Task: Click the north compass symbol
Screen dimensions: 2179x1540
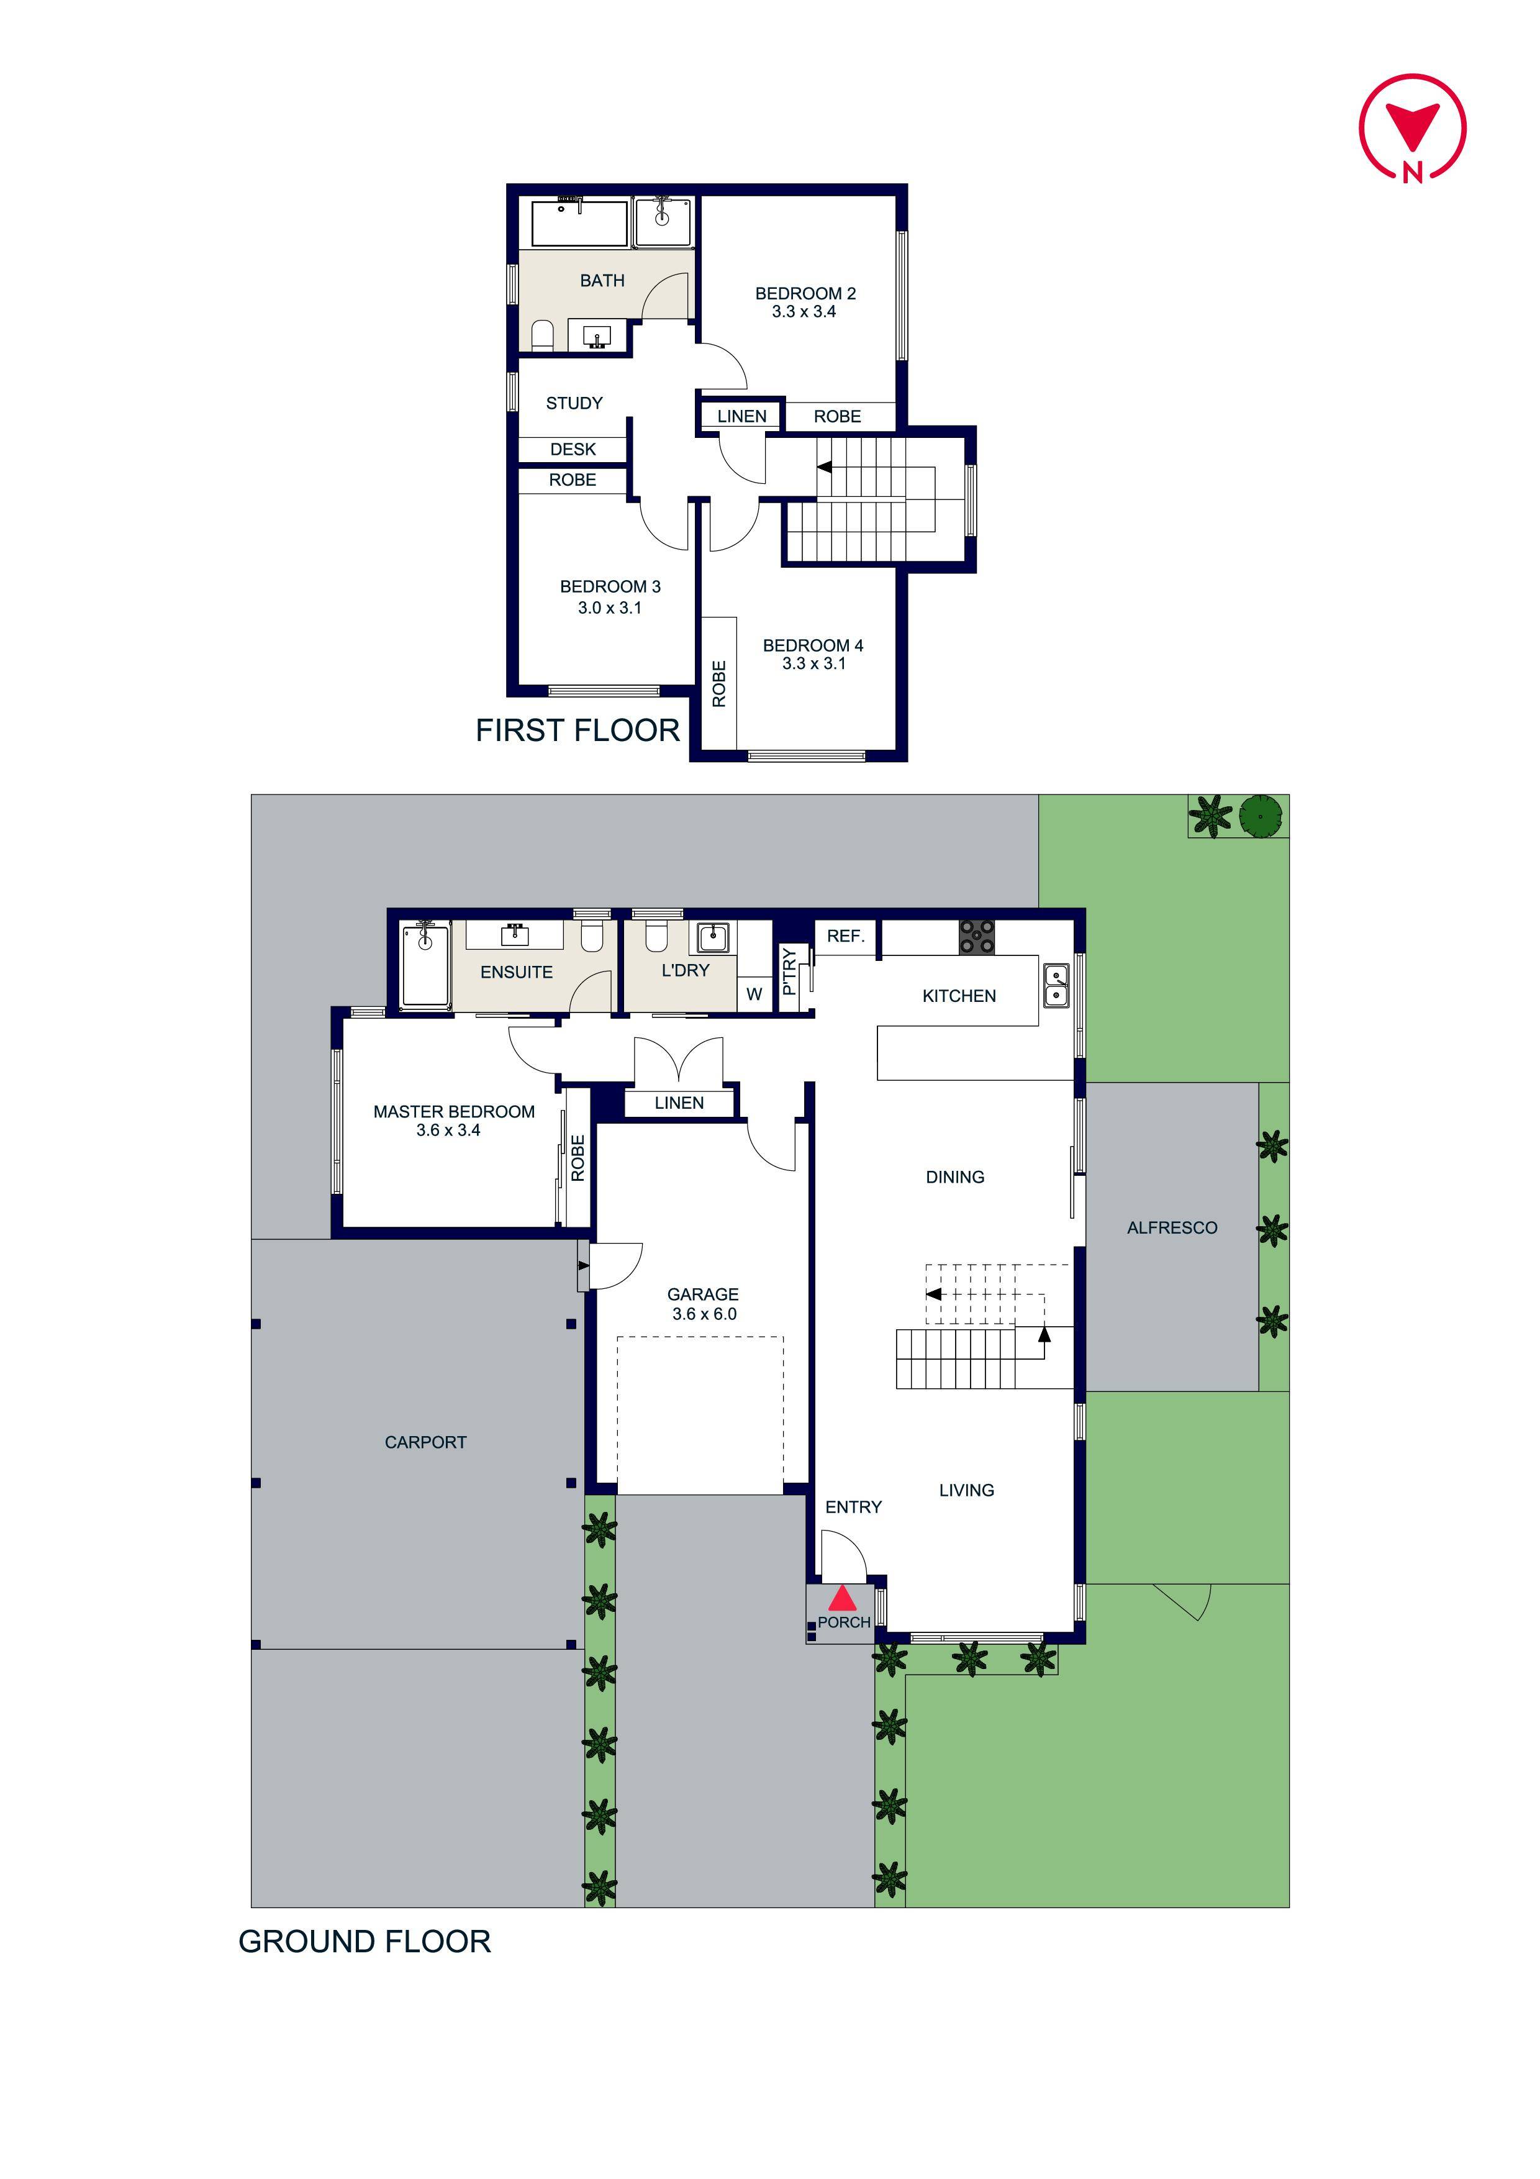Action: pyautogui.click(x=1412, y=128)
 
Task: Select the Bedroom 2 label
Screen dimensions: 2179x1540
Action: pyautogui.click(x=805, y=294)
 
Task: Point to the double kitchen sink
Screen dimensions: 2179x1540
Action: pyautogui.click(x=1056, y=985)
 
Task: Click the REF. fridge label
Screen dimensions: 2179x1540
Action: pyautogui.click(x=845, y=935)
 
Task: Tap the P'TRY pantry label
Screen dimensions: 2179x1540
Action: pyautogui.click(x=789, y=972)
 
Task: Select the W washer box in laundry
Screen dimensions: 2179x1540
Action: pyautogui.click(x=754, y=994)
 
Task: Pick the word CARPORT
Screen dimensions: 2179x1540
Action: pyautogui.click(x=425, y=1442)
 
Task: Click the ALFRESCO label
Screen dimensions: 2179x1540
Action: pyautogui.click(x=1172, y=1228)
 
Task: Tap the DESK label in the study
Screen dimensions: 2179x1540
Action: pyautogui.click(x=573, y=450)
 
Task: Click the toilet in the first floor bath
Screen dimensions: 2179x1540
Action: pyautogui.click(x=542, y=334)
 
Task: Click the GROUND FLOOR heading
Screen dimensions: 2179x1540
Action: pyautogui.click(x=365, y=1942)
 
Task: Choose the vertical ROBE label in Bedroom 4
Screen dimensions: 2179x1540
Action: pyautogui.click(x=719, y=683)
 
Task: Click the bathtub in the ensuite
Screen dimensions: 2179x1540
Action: pyautogui.click(x=425, y=965)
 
